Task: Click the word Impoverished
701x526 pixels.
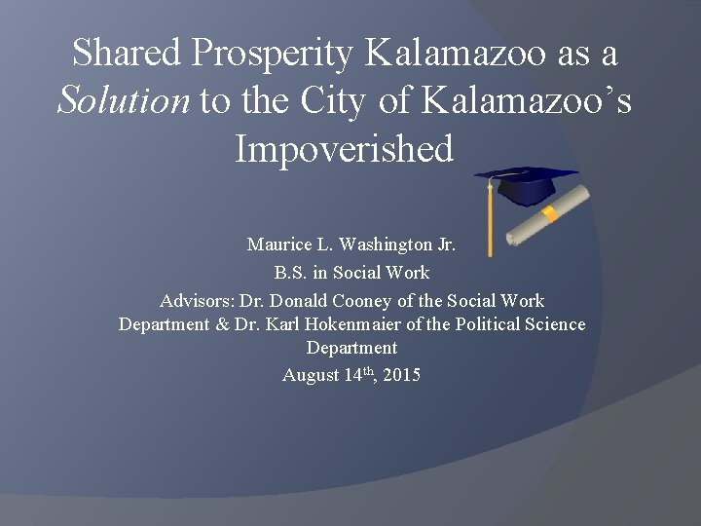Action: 344,149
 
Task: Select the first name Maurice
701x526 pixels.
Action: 277,244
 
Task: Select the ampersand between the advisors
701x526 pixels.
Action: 222,324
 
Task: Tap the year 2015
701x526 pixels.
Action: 402,375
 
